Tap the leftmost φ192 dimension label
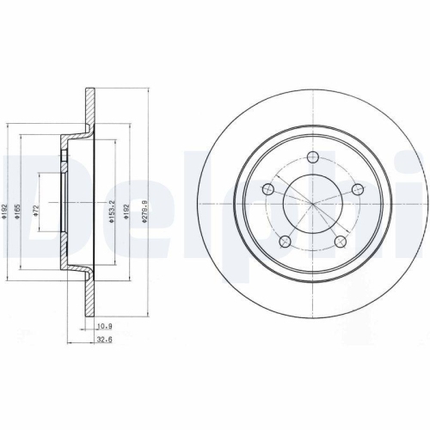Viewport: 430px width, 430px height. pos(6,208)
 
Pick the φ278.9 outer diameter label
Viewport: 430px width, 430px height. pos(149,208)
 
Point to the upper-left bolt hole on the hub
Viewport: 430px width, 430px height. pos(269,187)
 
